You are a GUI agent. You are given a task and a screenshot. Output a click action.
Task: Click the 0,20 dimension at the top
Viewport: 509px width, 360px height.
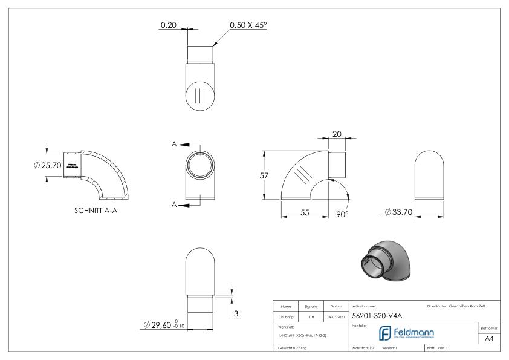point(167,25)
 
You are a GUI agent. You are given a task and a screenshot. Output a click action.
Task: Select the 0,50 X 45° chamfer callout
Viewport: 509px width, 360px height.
point(248,25)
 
